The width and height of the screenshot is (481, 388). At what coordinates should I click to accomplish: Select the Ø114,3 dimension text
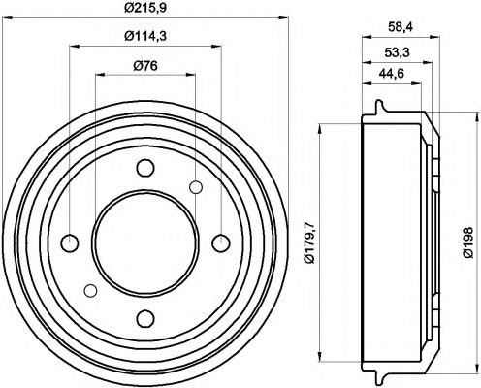tap(145, 38)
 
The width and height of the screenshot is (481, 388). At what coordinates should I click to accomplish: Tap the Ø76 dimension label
tap(145, 65)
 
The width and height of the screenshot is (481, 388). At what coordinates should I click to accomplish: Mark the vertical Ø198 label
tap(467, 242)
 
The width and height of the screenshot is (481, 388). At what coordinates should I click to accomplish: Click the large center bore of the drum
tap(144, 242)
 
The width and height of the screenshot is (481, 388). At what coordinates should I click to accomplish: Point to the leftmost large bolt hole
tap(69, 242)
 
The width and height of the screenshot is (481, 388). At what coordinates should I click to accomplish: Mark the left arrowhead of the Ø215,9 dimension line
tap(8, 18)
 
